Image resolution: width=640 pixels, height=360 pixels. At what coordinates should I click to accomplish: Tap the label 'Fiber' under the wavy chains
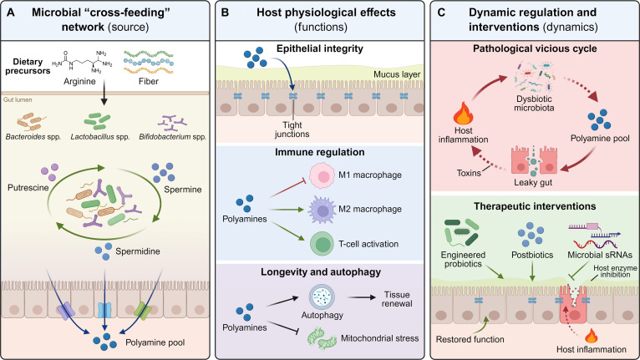[x=149, y=81]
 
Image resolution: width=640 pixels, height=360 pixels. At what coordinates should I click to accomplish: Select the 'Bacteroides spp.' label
[x=33, y=137]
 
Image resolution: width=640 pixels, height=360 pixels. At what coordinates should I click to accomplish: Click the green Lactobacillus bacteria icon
[x=97, y=121]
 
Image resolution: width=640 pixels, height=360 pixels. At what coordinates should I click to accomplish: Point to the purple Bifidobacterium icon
[x=172, y=122]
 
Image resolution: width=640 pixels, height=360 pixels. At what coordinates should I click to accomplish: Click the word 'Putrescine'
[x=28, y=188]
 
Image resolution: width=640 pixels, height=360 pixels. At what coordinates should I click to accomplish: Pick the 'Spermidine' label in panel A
[x=138, y=251]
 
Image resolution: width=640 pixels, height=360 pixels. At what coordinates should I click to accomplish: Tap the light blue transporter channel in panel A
[x=104, y=310]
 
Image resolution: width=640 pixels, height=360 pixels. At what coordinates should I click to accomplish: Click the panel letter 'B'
[x=225, y=13]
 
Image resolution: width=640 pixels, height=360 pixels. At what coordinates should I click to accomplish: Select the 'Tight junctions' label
[x=292, y=129]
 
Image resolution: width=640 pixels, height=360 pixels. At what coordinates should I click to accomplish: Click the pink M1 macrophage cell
[x=323, y=176]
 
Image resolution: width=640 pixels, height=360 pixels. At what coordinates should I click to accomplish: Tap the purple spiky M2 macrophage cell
[x=322, y=210]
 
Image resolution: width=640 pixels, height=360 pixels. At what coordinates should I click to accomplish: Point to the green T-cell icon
[x=323, y=244]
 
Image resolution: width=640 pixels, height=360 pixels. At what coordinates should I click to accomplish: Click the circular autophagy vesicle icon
[x=322, y=297]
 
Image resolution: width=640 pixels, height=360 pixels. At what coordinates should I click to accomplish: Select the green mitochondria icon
[x=323, y=339]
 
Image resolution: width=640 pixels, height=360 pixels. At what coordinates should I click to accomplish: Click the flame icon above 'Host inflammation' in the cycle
[x=463, y=113]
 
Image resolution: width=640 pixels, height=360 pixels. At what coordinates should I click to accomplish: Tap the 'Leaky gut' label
[x=533, y=182]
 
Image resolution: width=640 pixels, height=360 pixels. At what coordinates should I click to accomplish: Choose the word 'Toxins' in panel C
[x=469, y=173]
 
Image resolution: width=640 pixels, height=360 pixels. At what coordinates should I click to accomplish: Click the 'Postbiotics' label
[x=532, y=255]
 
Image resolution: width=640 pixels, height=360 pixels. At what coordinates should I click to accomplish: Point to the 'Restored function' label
[x=470, y=339]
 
